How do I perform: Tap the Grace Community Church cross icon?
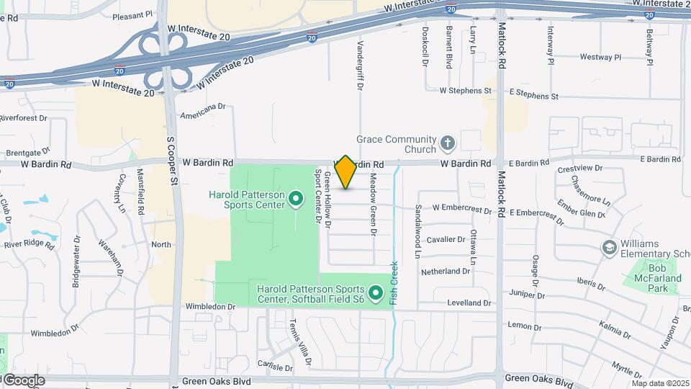pyautogui.click(x=447, y=142)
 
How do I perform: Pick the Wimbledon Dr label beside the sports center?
pyautogui.click(x=210, y=306)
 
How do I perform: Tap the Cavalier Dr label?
pyautogui.click(x=446, y=239)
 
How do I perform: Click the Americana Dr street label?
pyautogui.click(x=203, y=107)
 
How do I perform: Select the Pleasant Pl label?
pyautogui.click(x=134, y=14)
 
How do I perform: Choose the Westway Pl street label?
pyautogui.click(x=600, y=57)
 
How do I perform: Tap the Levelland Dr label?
pyautogui.click(x=467, y=303)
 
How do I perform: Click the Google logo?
pyautogui.click(x=23, y=380)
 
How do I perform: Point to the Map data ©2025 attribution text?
pyautogui.click(x=661, y=383)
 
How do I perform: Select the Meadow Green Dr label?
pyautogui.click(x=373, y=205)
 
